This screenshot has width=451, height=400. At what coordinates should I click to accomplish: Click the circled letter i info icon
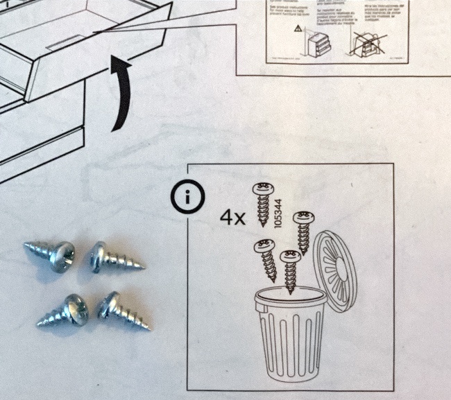pyautogui.click(x=187, y=199)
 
